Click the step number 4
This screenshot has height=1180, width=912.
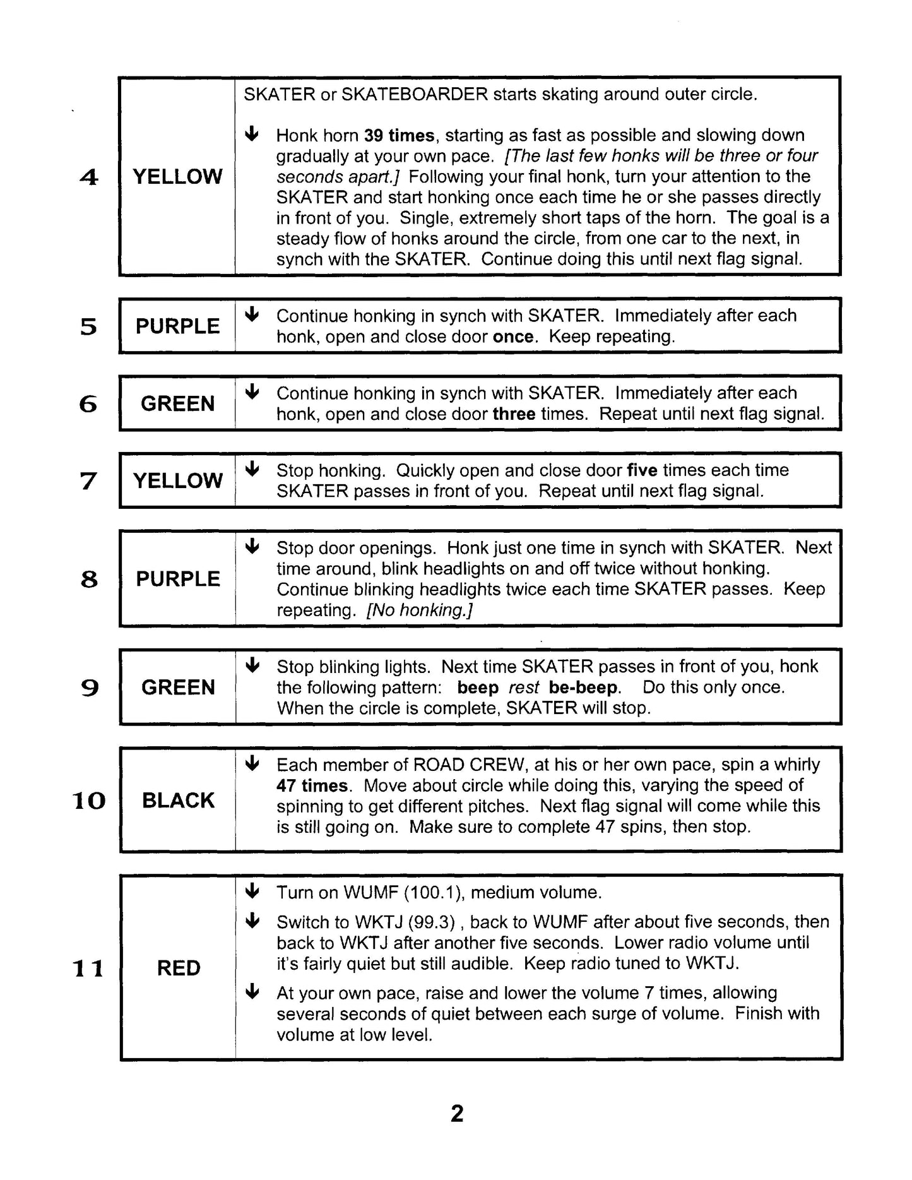click(89, 177)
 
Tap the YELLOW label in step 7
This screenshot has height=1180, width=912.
click(177, 480)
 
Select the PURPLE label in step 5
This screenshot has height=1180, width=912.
click(177, 326)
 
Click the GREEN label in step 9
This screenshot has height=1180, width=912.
click(178, 687)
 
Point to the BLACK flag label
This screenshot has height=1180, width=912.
click(178, 800)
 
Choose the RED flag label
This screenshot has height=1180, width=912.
click(179, 967)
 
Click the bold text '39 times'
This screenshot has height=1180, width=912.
click(400, 135)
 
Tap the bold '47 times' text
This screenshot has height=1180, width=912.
click(312, 785)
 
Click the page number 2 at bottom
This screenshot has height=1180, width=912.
click(457, 1113)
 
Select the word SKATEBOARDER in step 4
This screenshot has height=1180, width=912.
click(414, 95)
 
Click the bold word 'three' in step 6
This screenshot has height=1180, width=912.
click(514, 414)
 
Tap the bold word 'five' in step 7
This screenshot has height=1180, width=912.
click(642, 470)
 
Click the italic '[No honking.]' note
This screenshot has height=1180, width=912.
click(420, 610)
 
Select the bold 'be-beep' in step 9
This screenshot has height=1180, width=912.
click(584, 687)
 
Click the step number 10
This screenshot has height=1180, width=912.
click(89, 801)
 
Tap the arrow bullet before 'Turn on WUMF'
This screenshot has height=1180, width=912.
click(252, 891)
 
